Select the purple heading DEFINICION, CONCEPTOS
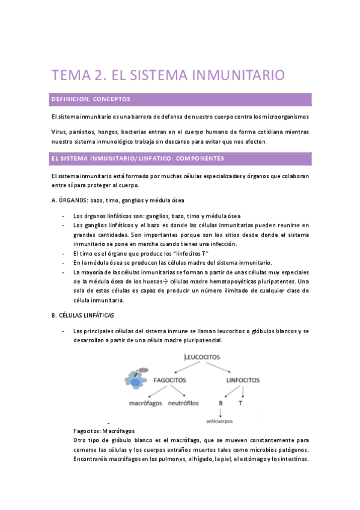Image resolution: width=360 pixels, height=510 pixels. coord(91,99)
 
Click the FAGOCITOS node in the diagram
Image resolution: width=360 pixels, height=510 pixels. coord(169,381)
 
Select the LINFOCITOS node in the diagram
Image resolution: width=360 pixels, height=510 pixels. coord(242,381)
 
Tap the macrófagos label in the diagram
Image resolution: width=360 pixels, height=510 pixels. coord(145,402)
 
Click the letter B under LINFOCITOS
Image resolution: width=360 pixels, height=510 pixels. coord(221,403)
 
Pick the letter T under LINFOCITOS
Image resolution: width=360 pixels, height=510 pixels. coord(240,403)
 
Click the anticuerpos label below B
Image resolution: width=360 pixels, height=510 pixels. coord(220,421)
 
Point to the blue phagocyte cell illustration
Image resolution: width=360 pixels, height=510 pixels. coord(136,378)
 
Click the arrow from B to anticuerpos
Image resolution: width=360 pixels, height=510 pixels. coord(221,412)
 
